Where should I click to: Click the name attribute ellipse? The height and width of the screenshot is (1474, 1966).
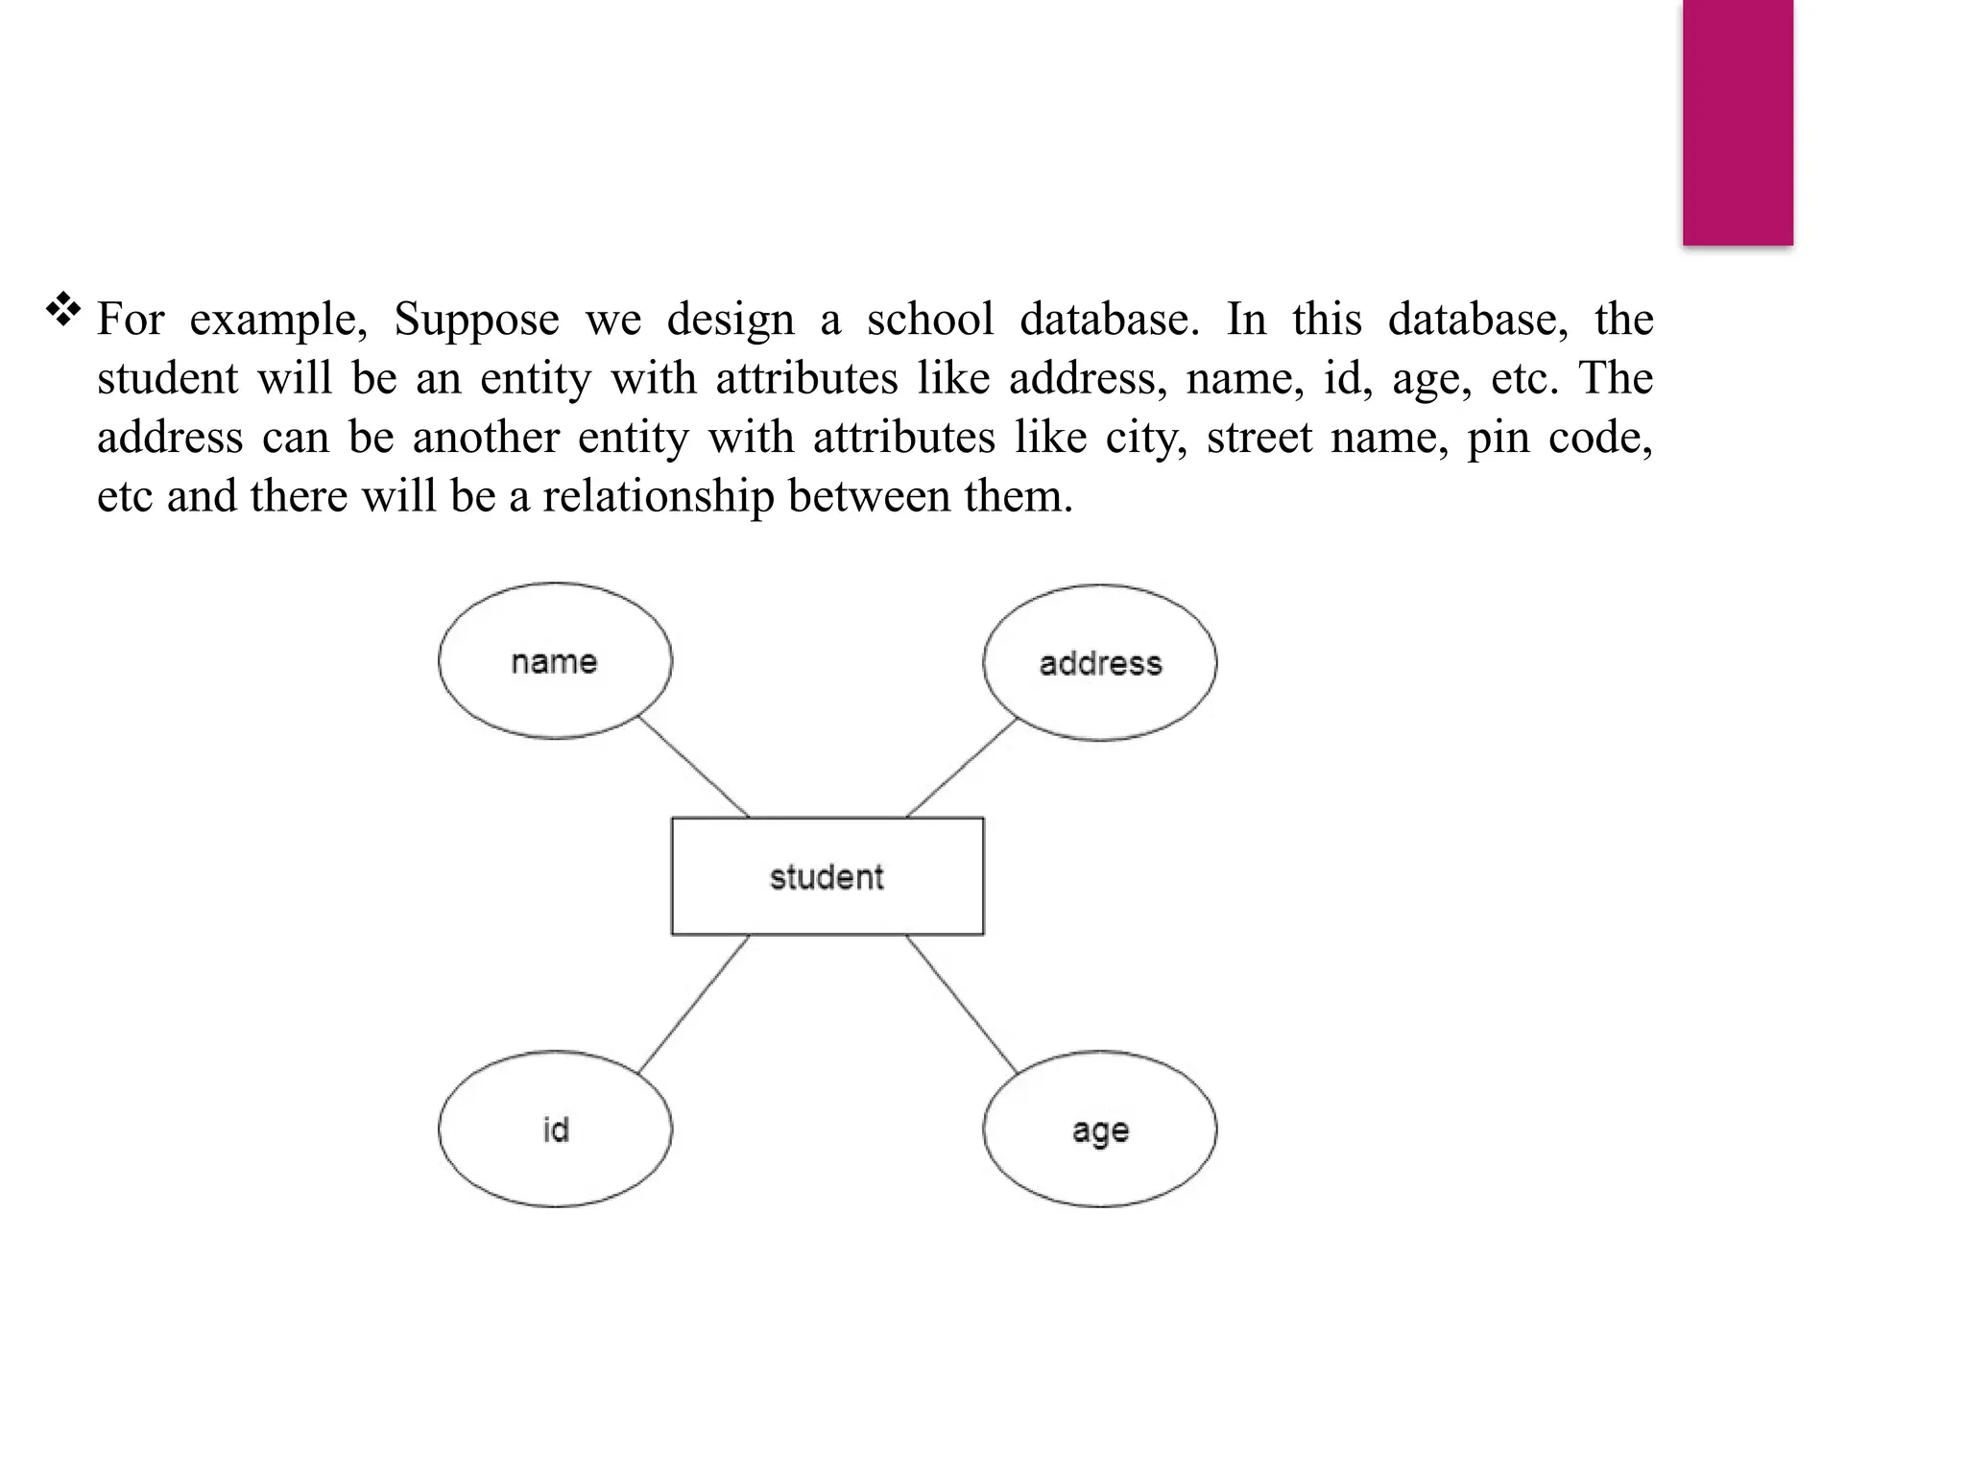point(555,661)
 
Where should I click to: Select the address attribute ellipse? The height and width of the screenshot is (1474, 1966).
point(1100,663)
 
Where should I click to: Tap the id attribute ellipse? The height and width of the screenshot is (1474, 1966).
point(555,1129)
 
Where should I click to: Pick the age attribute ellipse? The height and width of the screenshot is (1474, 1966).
point(1100,1129)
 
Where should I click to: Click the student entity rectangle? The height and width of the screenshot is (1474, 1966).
point(827,876)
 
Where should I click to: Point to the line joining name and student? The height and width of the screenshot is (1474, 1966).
point(694,768)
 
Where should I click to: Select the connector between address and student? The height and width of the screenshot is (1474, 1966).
point(961,769)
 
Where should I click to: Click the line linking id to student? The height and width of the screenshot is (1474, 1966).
point(693,1004)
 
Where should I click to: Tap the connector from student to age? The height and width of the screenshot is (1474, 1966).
point(961,1004)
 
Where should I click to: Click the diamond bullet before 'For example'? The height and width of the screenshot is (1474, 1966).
point(63,309)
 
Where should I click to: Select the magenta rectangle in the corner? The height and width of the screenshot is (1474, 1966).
point(1738,122)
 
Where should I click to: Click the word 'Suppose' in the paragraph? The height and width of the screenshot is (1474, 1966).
point(476,320)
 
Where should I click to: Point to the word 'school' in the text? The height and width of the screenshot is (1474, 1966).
point(929,320)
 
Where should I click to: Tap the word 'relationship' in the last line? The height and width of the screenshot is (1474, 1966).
point(658,497)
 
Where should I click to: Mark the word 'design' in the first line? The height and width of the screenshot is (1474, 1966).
point(731,321)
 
